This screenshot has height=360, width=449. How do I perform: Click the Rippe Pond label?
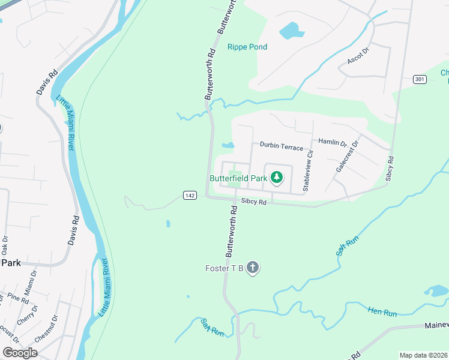pyautogui.click(x=247, y=47)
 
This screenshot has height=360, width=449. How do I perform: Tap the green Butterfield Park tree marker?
pyautogui.click(x=276, y=177)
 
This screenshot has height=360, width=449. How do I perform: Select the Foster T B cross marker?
pyautogui.click(x=253, y=268)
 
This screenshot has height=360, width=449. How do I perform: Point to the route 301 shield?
pyautogui.click(x=420, y=79)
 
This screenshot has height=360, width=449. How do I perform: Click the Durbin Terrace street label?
pyautogui.click(x=281, y=146)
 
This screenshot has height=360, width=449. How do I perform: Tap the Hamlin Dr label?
pyautogui.click(x=333, y=142)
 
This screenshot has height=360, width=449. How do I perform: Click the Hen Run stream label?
pyautogui.click(x=382, y=312)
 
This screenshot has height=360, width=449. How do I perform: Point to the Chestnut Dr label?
pyautogui.click(x=46, y=329)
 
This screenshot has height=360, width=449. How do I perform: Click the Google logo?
pyautogui.click(x=20, y=352)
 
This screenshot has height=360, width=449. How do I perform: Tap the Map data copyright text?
pyautogui.click(x=424, y=355)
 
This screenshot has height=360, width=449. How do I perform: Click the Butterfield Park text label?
pyautogui.click(x=238, y=178)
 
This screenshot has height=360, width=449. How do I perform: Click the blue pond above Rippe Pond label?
pyautogui.click(x=288, y=29)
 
